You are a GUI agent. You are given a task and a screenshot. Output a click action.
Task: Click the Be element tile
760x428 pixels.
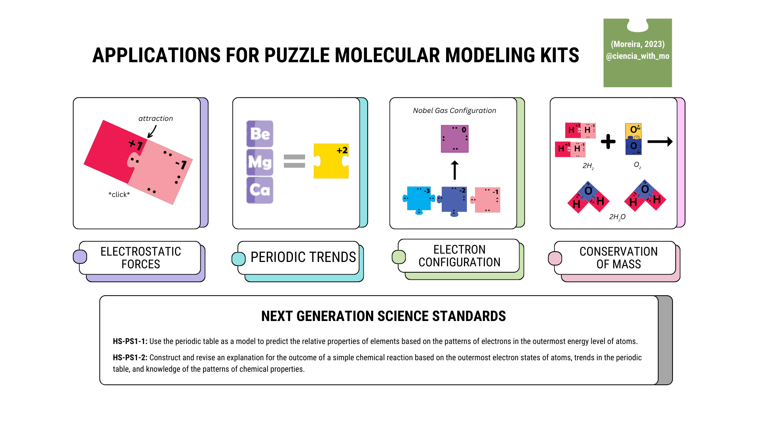pos(260,134)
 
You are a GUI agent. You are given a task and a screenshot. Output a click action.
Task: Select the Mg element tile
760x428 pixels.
pos(260,162)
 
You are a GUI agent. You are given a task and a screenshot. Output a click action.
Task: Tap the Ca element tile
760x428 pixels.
pos(260,190)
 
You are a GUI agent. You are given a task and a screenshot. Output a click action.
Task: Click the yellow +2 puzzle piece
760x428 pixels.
pos(331,161)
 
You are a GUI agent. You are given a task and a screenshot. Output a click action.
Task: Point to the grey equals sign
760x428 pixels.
pos(294,161)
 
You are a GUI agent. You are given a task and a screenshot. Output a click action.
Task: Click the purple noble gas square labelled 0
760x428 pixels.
pos(454,139)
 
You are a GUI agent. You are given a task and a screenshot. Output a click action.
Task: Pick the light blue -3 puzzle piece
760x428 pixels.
pos(418,199)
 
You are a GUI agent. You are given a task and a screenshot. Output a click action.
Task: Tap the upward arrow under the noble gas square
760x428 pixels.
pos(455,170)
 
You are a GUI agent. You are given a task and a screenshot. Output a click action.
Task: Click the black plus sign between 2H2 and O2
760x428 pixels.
pos(608,141)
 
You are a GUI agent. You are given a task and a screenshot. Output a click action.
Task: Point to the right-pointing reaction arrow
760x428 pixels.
pos(660,141)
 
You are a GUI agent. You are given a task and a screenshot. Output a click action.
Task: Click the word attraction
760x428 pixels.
pos(156,118)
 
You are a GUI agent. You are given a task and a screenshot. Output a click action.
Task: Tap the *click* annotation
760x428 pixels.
pos(119,195)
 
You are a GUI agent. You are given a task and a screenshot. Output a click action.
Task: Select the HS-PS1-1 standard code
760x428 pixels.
pos(130,341)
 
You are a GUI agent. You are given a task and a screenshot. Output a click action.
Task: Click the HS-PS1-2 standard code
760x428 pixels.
pos(130,357)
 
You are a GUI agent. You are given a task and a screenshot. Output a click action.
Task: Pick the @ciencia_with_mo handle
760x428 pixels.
pos(638,56)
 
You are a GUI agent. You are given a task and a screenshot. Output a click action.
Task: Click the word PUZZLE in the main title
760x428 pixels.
pos(297,55)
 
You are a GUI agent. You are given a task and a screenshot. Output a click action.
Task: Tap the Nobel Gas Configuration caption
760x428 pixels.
pos(454,111)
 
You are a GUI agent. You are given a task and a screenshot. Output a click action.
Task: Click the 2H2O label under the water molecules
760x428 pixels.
pos(617,217)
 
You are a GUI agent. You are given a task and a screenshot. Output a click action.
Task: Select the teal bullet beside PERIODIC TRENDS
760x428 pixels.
pos(238,259)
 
